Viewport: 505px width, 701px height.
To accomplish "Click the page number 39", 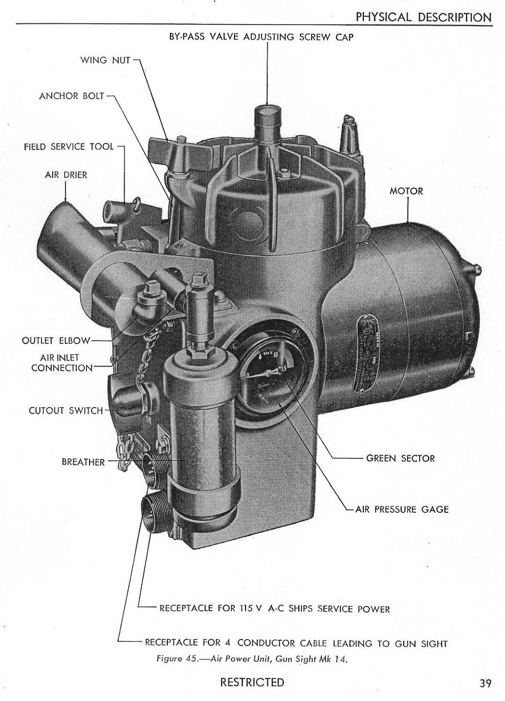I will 485,683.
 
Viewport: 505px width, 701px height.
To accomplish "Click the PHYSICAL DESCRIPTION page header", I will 423,17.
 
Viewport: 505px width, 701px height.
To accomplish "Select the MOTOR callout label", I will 406,191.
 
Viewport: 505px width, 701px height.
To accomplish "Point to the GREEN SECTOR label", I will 401,458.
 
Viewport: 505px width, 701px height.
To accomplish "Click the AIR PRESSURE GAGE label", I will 402,509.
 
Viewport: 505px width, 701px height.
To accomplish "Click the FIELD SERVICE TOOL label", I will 69,147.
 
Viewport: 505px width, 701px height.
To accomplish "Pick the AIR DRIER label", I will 66,174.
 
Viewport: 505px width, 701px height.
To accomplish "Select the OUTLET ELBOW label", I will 56,340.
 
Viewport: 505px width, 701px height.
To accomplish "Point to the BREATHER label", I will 84,462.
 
